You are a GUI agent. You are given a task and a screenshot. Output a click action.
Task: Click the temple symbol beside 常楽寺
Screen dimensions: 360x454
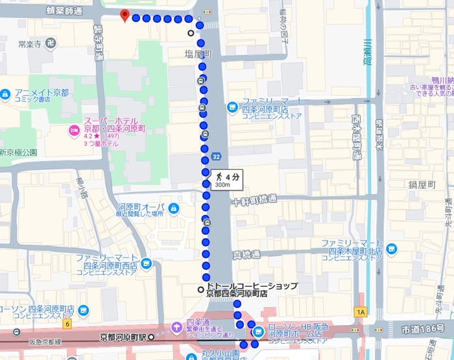51,43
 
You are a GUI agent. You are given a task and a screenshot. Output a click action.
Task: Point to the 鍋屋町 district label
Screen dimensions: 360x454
422,184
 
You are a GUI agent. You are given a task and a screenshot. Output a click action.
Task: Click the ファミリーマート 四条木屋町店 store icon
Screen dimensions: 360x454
391,248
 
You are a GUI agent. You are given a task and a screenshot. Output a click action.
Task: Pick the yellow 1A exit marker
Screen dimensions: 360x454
361,312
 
